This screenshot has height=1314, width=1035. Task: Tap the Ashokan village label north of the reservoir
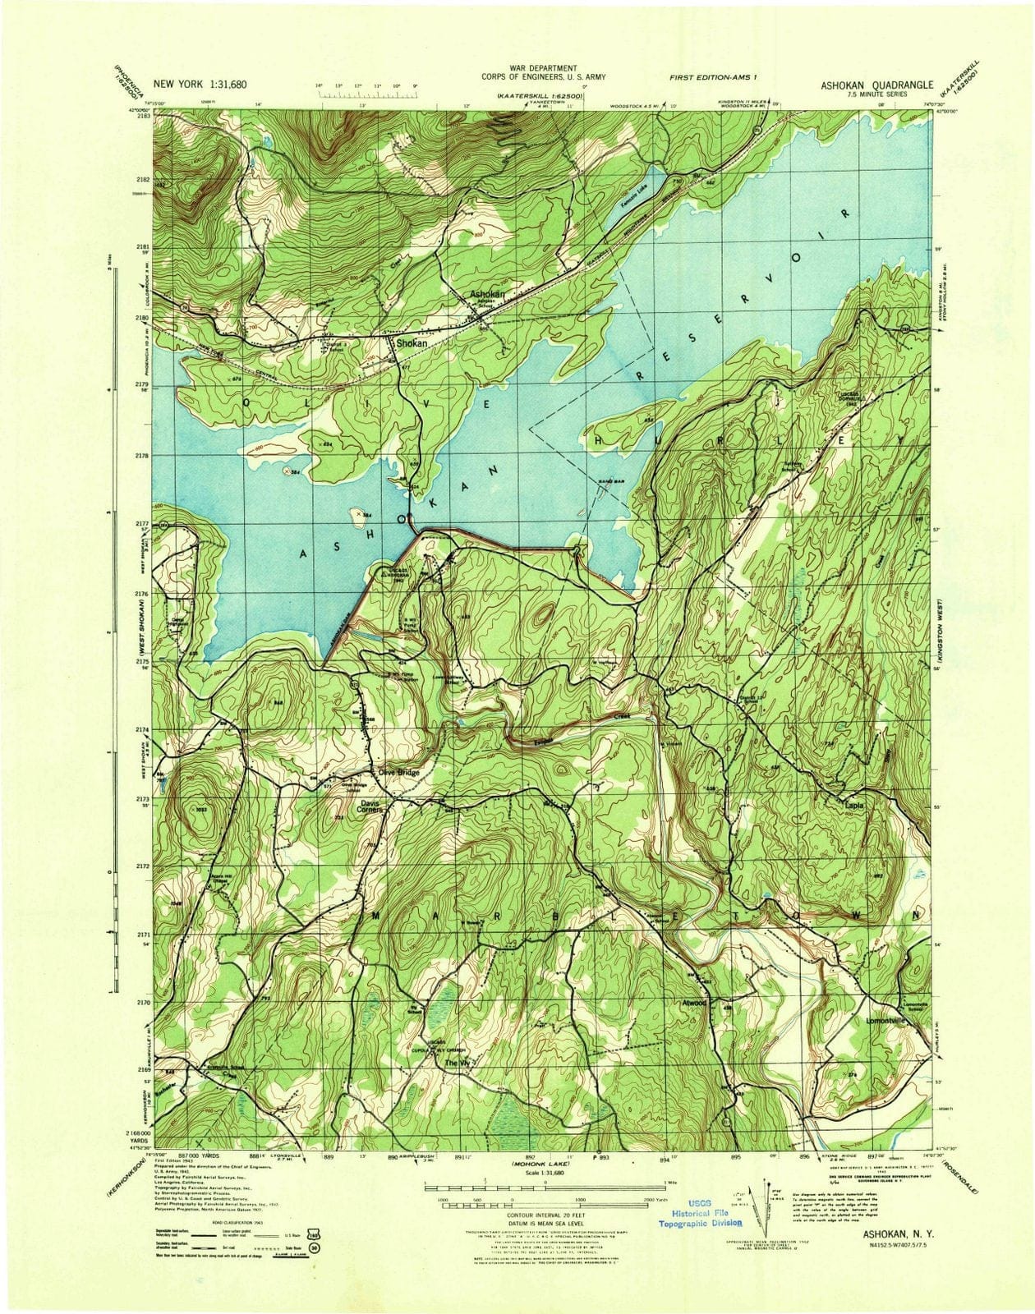pos(486,293)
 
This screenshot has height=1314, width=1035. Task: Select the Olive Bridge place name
pos(398,773)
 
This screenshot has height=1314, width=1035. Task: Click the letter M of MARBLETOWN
pos(378,914)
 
